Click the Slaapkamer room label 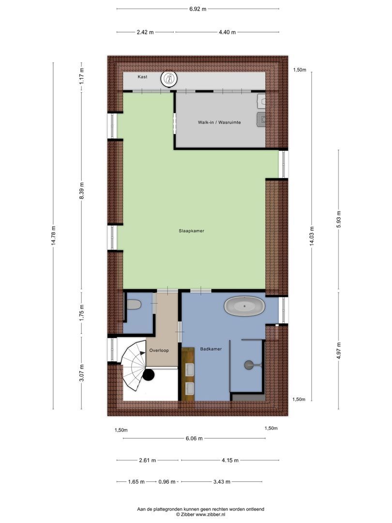coord(191,231)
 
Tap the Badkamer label coord(211,349)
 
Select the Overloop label coord(159,350)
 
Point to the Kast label coord(142,77)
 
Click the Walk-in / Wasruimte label coord(219,123)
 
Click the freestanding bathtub coord(244,306)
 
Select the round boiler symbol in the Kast coord(169,79)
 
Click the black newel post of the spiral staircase coord(149,375)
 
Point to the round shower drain coord(249,365)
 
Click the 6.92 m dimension coord(197,9)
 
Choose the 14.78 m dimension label coord(53,236)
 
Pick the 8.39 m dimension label coord(82,191)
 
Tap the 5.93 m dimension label coord(339,219)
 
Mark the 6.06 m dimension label coord(194,438)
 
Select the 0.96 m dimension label coord(167,482)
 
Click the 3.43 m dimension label coord(222,482)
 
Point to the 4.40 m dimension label coord(227,32)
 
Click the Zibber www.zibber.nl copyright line coord(201,515)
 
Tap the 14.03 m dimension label coord(312,236)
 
